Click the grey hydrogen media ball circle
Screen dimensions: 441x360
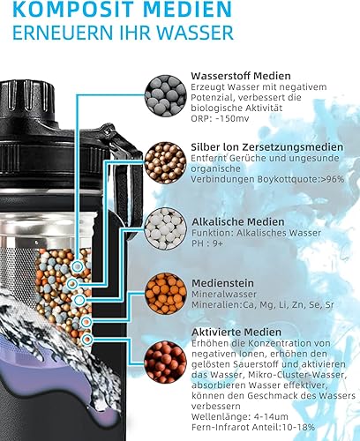pyautogui.click(x=163, y=94)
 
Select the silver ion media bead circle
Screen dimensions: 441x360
pyautogui.click(x=163, y=162)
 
